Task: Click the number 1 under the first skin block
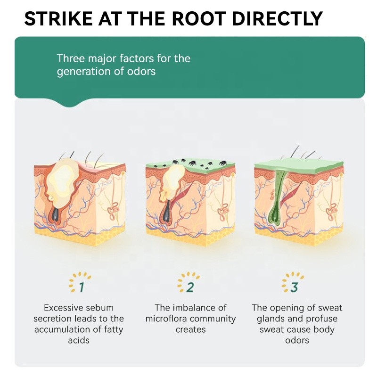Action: pyautogui.click(x=81, y=286)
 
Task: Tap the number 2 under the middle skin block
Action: pyautogui.click(x=189, y=286)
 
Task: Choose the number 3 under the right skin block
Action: pyautogui.click(x=295, y=286)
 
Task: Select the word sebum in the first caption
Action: pyautogui.click(x=102, y=308)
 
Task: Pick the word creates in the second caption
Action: pyautogui.click(x=190, y=329)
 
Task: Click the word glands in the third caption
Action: pyautogui.click(x=274, y=319)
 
